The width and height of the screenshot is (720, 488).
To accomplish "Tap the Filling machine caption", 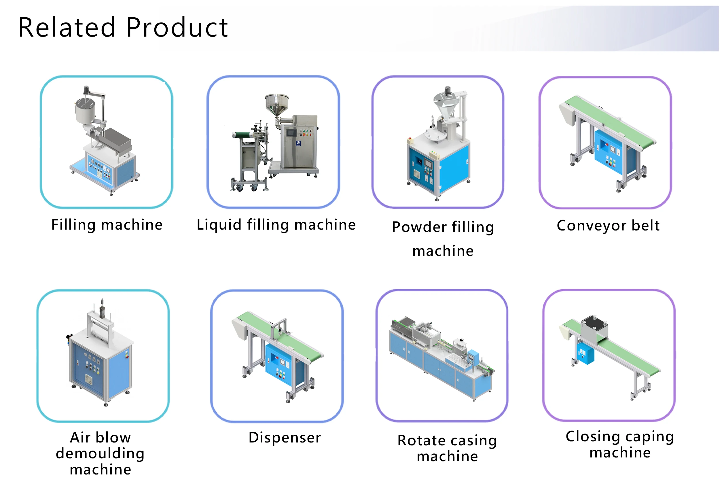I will coord(107,225).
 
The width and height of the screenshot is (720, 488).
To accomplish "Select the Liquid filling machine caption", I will coord(276,225).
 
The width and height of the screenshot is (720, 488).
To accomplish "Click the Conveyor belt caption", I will coord(608,225).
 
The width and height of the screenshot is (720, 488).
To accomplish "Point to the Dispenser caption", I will coord(285,438).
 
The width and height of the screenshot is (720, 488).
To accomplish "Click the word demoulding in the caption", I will coord(100,453).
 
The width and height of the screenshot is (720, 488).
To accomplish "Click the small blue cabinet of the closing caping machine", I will coord(586,353).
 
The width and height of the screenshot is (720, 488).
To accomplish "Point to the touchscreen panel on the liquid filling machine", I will coord(291,133).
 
